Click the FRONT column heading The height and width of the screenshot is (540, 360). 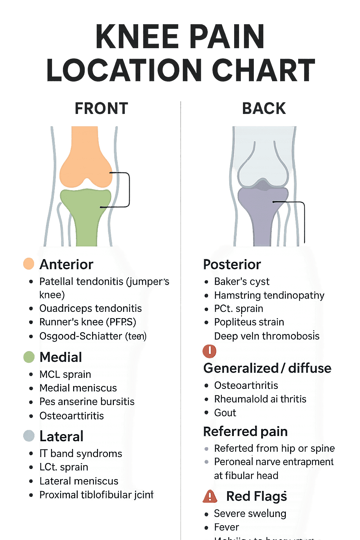pyautogui.click(x=101, y=108)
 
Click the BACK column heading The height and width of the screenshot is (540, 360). pyautogui.click(x=264, y=108)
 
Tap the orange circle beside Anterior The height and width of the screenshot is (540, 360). pyautogui.click(x=28, y=264)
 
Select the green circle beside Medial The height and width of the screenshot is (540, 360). pyautogui.click(x=29, y=357)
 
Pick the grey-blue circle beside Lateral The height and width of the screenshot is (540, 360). pyautogui.click(x=29, y=436)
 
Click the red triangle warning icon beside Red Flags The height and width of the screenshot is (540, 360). pyautogui.click(x=210, y=496)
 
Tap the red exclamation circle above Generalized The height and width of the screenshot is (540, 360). pyautogui.click(x=210, y=351)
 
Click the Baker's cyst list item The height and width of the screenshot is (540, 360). pyautogui.click(x=242, y=282)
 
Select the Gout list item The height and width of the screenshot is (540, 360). pyautogui.click(x=225, y=413)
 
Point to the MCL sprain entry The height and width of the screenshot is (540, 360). pyautogui.click(x=65, y=374)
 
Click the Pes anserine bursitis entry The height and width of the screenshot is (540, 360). pyautogui.click(x=87, y=401)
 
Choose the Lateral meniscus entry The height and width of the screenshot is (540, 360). pyautogui.click(x=79, y=481)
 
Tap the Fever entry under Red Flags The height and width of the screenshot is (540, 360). pyautogui.click(x=226, y=527)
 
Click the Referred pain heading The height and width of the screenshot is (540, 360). pyautogui.click(x=245, y=431)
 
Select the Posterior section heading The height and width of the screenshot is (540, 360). pyautogui.click(x=232, y=264)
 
